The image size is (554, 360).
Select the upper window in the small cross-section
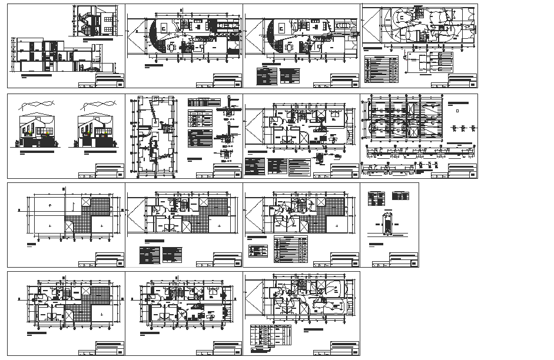click(x=108, y=15)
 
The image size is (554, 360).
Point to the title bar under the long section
click(x=41, y=76)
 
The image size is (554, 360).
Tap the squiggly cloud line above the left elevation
click(x=37, y=108)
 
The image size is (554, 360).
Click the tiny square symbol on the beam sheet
click(x=457, y=110)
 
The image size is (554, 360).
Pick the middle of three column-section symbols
click(x=463, y=128)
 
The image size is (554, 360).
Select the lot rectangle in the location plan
click(x=386, y=226)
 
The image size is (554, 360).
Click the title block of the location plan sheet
click(x=394, y=261)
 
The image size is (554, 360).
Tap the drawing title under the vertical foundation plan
click(x=150, y=176)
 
